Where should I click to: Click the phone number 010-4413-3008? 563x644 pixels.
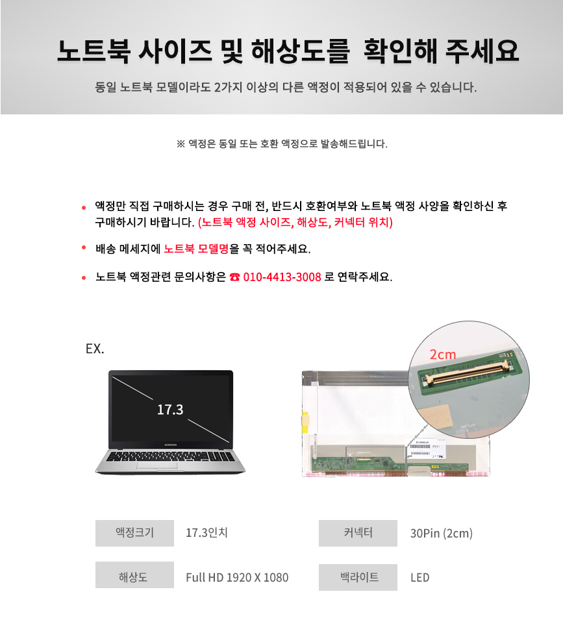282,277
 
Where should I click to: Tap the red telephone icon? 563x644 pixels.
234,277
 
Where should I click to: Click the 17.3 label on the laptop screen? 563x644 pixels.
170,410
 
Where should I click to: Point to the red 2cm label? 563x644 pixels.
443,354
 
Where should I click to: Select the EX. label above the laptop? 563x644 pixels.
95,349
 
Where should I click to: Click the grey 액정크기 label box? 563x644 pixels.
134,533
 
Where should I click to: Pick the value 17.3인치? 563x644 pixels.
206,533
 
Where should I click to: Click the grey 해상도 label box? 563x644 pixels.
134,575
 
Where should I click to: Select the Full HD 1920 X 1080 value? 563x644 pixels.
237,578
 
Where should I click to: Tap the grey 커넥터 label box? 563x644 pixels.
358,533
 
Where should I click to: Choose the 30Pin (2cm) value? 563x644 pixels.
442,533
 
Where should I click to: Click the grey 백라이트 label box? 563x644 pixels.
358,578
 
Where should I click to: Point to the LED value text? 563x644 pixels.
419,578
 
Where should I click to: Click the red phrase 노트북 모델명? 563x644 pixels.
196,249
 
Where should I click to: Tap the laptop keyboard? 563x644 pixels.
170,456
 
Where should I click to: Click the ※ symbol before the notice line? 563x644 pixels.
181,143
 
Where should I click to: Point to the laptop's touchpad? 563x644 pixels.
156,465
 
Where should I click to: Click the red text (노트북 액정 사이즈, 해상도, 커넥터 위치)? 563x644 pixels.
295,223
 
